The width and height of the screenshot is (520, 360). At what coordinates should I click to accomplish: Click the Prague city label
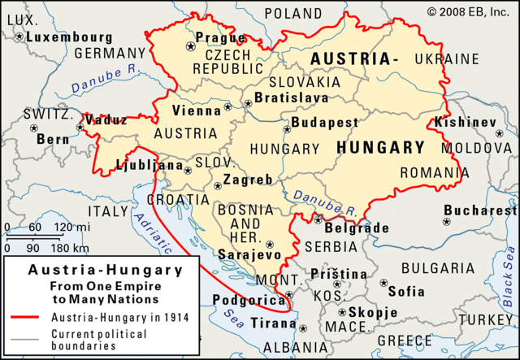(x=221, y=38)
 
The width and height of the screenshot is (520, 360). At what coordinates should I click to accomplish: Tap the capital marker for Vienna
(x=227, y=106)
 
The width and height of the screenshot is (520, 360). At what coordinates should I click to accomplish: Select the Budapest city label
(x=325, y=123)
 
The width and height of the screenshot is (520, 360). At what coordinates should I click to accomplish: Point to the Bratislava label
(x=292, y=98)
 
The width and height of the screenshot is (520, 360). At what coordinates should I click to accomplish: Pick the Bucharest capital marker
(x=446, y=221)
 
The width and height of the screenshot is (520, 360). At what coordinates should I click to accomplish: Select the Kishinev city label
(x=465, y=122)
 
